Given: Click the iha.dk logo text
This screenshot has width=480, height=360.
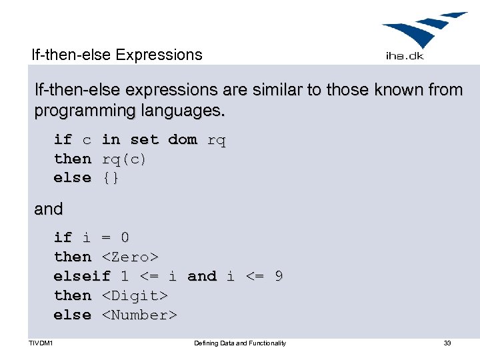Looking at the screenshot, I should click(x=405, y=56).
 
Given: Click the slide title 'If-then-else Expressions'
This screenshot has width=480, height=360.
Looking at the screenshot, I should click(x=117, y=55).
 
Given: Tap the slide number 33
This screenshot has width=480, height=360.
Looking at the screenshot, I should click(x=447, y=343).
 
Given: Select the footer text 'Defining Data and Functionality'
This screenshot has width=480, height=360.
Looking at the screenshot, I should click(x=239, y=343).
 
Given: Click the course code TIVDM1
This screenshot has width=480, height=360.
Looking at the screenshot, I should click(x=41, y=343).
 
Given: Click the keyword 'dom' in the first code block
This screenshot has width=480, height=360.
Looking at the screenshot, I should click(x=182, y=140).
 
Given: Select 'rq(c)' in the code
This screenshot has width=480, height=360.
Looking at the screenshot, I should click(x=124, y=159).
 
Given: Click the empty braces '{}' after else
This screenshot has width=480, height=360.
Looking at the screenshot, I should click(x=111, y=178).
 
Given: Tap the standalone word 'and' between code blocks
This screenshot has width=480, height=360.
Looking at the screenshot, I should click(x=49, y=209).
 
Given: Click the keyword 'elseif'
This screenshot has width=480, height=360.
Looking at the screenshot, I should click(x=82, y=276).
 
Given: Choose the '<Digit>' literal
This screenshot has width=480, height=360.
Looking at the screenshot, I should click(x=134, y=295).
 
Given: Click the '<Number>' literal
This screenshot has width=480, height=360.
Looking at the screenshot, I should click(x=139, y=315).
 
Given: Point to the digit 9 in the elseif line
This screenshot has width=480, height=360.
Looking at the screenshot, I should click(x=278, y=276).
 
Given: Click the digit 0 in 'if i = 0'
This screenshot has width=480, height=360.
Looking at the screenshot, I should click(x=125, y=237).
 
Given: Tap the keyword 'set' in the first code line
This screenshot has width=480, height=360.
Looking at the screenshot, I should click(x=144, y=140).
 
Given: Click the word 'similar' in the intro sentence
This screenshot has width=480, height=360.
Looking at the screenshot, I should click(x=270, y=90).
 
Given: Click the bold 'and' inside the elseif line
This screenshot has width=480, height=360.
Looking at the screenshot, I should click(x=202, y=276).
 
